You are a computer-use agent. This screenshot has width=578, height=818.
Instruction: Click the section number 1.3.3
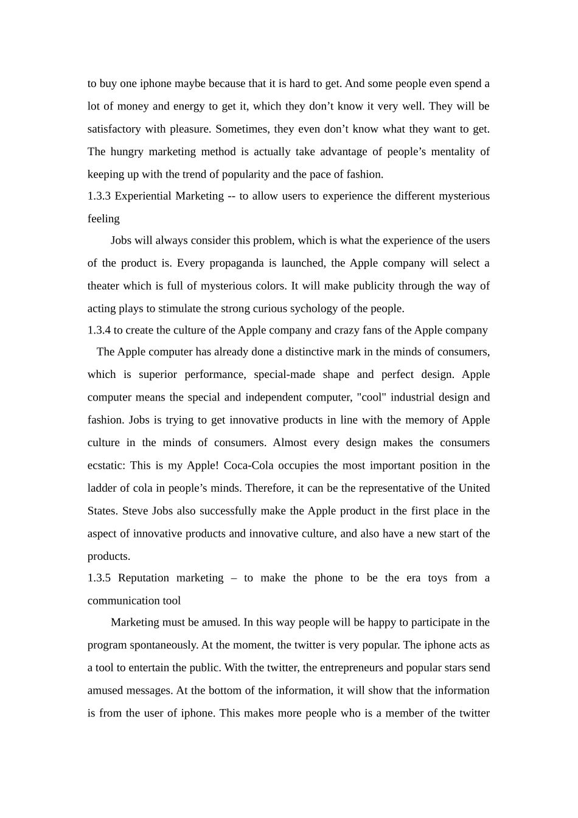pos(99,196)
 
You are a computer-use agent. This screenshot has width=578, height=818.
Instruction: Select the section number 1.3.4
pos(99,330)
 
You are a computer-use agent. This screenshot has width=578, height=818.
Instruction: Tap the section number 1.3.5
pos(99,578)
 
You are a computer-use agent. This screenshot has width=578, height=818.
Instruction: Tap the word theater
pos(103,286)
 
